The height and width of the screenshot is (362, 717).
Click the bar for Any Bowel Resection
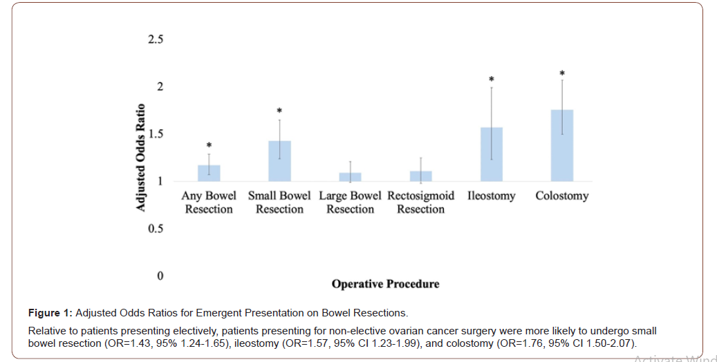[209, 173]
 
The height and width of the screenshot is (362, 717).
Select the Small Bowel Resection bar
[279, 161]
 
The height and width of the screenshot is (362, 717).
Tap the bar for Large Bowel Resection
[350, 178]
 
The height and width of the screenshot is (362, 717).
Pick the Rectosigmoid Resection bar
[420, 177]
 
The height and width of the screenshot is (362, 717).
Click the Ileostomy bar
[491, 154]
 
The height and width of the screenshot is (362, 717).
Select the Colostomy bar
[561, 145]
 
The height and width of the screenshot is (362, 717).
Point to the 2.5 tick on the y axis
[156, 39]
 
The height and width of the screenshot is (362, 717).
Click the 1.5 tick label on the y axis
[156, 134]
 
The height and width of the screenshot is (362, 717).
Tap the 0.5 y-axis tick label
[156, 229]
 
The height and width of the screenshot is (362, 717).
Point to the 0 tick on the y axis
[160, 276]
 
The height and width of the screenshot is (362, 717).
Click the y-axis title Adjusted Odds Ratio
[141, 158]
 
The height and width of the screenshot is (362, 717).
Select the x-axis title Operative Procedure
[385, 284]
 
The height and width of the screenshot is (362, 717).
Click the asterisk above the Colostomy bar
[562, 73]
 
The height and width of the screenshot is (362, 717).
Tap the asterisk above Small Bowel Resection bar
[279, 111]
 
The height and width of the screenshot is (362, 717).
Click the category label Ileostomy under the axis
[491, 196]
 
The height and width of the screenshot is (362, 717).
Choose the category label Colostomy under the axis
[561, 196]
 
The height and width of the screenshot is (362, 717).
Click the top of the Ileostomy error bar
[492, 87]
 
